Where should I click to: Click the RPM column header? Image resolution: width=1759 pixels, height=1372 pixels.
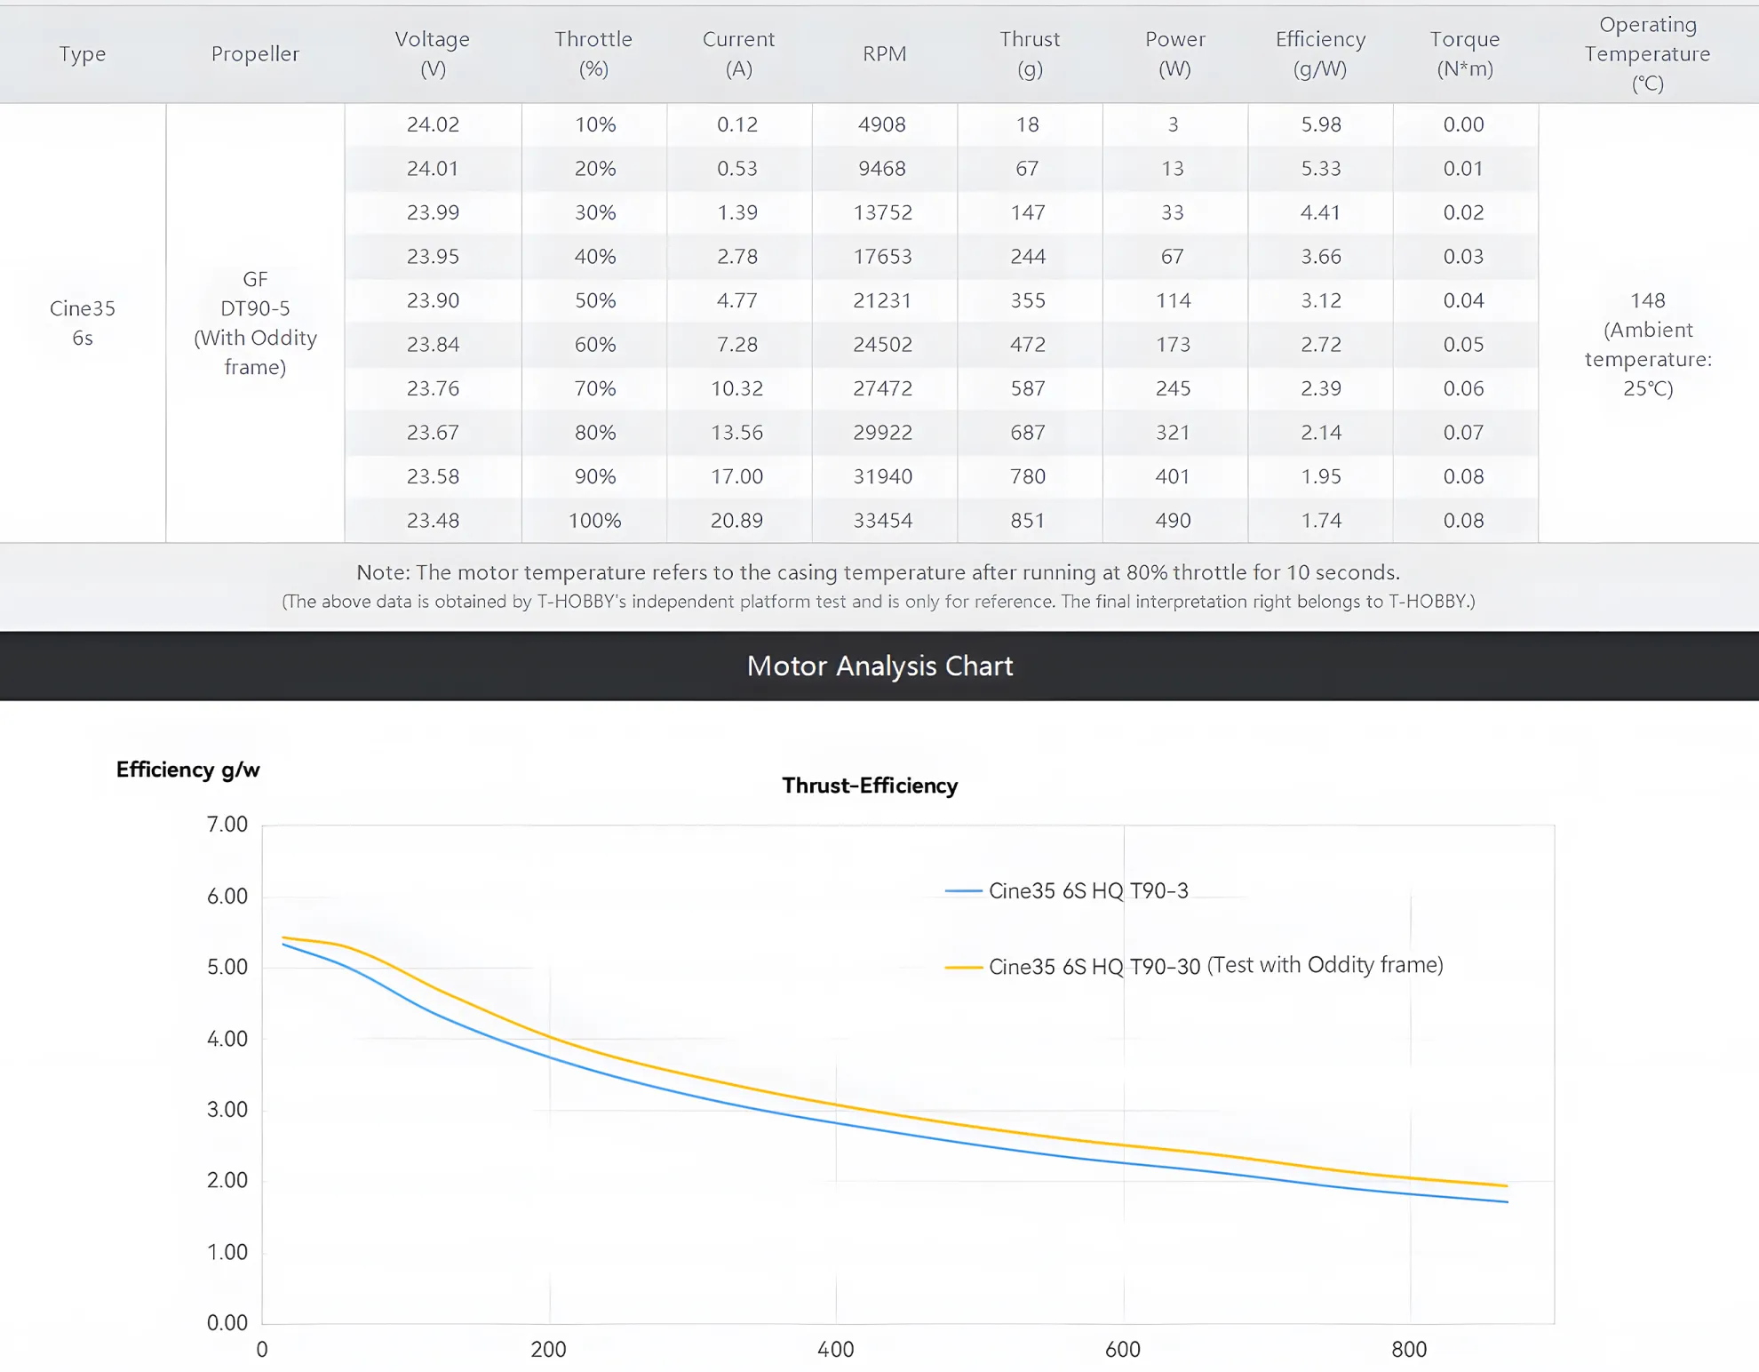pos(884,53)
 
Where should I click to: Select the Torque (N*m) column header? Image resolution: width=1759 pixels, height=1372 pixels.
pos(1464,53)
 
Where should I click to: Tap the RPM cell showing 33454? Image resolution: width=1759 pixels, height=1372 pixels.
pos(882,521)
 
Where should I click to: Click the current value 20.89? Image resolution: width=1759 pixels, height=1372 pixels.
pos(736,521)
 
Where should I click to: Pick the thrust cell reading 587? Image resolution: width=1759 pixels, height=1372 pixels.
pos(1027,388)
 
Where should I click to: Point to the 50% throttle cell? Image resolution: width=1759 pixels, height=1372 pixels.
pos(594,300)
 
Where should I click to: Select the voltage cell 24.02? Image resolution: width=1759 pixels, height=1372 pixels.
pos(433,124)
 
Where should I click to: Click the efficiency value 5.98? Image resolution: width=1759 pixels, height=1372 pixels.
pos(1320,124)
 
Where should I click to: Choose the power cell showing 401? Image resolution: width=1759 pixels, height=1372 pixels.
pos(1173,476)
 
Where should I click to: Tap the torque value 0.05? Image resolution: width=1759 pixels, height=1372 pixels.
pos(1463,345)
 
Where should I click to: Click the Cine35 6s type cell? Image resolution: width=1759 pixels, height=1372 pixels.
pos(83,323)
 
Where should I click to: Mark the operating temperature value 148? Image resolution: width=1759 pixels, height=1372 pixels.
pos(1648,300)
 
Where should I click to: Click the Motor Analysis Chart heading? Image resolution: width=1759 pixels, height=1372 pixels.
pos(879,666)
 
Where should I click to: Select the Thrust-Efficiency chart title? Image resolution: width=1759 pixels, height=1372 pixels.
pos(870,786)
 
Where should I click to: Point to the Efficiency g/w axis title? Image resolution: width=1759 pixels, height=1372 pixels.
pos(187,770)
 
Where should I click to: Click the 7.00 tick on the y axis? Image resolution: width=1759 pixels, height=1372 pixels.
pos(227,825)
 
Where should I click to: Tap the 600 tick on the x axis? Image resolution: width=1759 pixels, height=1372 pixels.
pos(1123,1350)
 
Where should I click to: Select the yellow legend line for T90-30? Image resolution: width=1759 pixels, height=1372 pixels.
pos(963,967)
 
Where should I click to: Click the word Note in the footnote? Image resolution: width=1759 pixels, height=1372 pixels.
pos(383,572)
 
